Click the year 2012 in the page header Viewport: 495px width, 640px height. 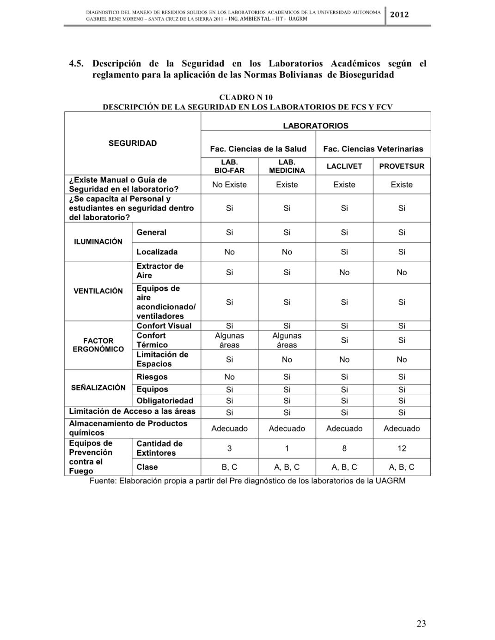[x=399, y=14]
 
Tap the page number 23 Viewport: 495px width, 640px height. [x=421, y=623]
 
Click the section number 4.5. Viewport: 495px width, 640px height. [x=76, y=64]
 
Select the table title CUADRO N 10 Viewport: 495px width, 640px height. [x=246, y=97]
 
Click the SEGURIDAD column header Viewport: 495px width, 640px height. [x=133, y=143]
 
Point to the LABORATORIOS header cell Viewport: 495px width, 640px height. [x=316, y=126]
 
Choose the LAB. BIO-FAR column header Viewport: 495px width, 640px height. [x=229, y=166]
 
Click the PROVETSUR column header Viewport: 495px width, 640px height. [x=402, y=166]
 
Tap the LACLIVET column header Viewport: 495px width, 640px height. [x=344, y=166]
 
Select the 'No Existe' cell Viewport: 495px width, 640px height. [x=229, y=185]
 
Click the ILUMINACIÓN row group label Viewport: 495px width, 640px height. [x=98, y=242]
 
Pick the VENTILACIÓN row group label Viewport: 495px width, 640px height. [x=98, y=291]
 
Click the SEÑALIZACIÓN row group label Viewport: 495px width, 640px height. [x=98, y=388]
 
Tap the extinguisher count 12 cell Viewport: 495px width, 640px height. [x=402, y=448]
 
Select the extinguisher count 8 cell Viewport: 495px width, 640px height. [x=344, y=448]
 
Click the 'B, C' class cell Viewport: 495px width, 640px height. [x=229, y=467]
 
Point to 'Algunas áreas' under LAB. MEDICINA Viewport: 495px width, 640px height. [x=287, y=340]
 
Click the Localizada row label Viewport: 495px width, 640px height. [x=157, y=252]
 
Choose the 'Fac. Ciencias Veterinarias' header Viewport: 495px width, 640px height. [x=373, y=149]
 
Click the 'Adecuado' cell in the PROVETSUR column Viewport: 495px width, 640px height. [x=402, y=429]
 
